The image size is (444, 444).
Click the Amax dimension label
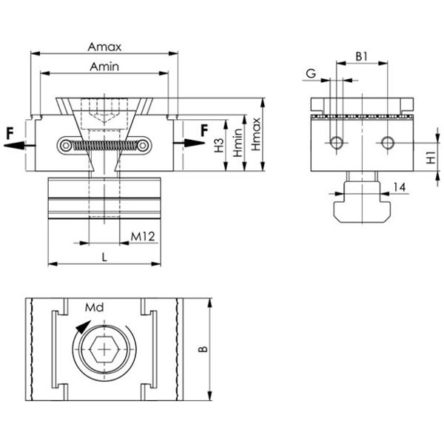coord(104,47)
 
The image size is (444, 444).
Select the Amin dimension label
coord(104,67)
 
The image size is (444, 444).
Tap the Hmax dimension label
coord(256,134)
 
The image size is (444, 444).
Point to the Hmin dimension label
coord(238,143)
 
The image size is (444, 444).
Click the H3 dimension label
coord(219,145)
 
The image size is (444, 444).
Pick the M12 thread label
coord(143,237)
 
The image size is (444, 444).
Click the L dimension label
coord(104,258)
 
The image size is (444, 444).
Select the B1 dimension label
coord(361,57)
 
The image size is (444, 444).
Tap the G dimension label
coord(311,73)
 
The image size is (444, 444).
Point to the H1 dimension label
coord(431,158)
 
